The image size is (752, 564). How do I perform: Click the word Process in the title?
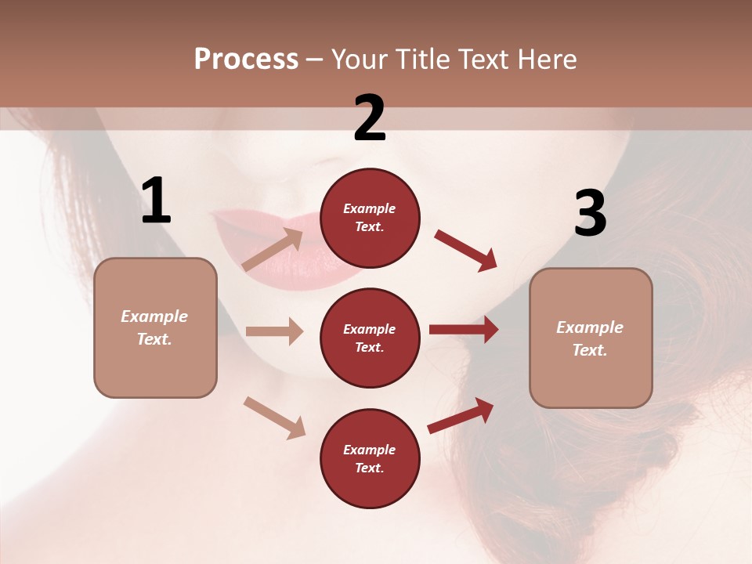(x=246, y=60)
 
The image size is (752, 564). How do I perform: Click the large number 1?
(x=156, y=201)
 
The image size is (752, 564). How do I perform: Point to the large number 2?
(x=370, y=118)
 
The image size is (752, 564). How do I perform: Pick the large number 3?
(x=590, y=214)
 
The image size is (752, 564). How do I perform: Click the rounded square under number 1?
(x=155, y=327)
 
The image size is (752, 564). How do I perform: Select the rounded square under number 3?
(x=591, y=338)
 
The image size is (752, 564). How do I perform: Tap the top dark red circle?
(x=370, y=218)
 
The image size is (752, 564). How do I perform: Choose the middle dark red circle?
(x=370, y=338)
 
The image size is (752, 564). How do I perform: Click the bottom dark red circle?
(x=370, y=458)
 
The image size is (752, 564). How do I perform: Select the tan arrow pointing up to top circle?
(x=273, y=250)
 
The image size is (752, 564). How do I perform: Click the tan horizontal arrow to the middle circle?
(x=274, y=331)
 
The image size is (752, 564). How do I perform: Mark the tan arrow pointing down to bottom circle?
(x=274, y=418)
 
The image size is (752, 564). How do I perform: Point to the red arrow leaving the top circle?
(x=466, y=251)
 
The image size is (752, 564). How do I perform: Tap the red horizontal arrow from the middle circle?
(x=464, y=330)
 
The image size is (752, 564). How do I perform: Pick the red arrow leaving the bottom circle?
(x=461, y=415)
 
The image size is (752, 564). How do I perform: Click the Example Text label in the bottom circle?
(x=370, y=458)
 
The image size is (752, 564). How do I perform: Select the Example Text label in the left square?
(x=155, y=327)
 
